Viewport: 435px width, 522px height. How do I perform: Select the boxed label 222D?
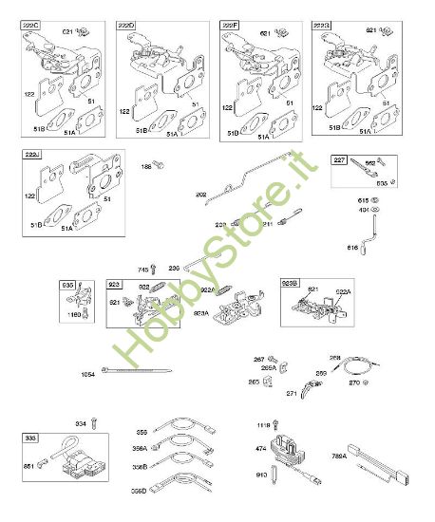point(127,26)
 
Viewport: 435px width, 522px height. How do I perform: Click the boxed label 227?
point(339,159)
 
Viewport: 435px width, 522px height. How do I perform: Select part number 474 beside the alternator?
point(260,448)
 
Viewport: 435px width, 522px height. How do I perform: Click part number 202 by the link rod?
point(201,196)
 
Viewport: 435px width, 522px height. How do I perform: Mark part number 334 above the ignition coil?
point(80,423)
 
